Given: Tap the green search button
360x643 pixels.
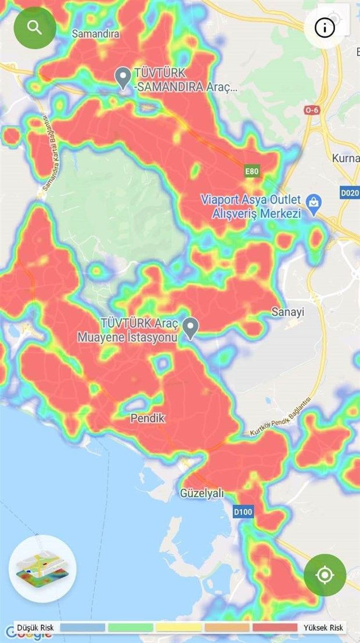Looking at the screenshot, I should [x=35, y=27].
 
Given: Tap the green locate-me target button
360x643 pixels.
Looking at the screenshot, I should [x=325, y=575].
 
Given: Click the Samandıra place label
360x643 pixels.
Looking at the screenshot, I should [x=95, y=34].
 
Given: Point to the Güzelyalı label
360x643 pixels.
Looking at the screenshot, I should [x=201, y=494].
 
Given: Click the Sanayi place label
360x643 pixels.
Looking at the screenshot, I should [x=288, y=312].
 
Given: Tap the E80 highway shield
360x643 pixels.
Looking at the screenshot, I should [x=251, y=171].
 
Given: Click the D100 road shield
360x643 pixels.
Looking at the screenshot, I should [x=243, y=512].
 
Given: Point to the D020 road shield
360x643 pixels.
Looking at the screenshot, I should [x=350, y=192].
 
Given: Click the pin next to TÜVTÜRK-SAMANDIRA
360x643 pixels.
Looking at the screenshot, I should [x=123, y=78].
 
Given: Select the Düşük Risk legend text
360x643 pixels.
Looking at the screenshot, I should [x=35, y=628].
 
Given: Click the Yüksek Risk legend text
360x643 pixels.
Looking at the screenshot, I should [x=324, y=628].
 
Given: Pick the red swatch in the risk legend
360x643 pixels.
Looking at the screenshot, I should [x=275, y=628].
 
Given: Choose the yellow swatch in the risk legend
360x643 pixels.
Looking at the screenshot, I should [x=179, y=628].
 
